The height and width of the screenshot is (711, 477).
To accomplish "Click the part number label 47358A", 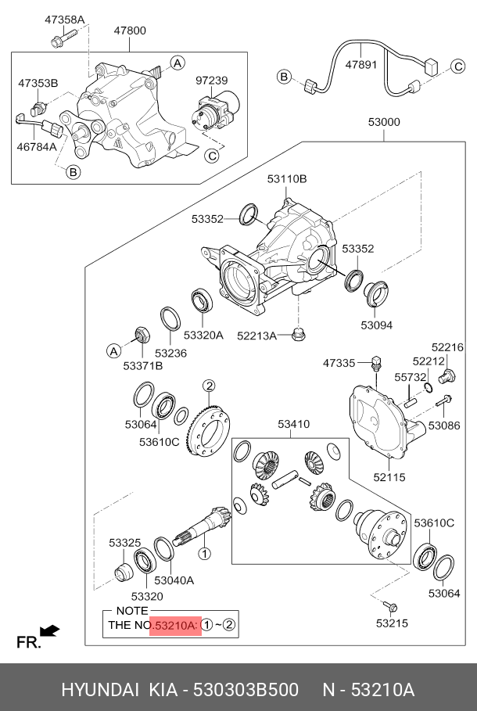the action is pyautogui.click(x=64, y=20).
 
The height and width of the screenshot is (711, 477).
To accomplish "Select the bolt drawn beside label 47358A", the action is pyautogui.click(x=63, y=38).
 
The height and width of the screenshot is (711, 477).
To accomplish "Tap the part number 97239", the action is pyautogui.click(x=212, y=81).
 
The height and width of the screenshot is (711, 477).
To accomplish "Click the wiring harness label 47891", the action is pyautogui.click(x=361, y=65).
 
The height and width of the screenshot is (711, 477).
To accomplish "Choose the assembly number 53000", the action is pyautogui.click(x=384, y=122).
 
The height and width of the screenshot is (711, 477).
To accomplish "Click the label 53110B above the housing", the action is pyautogui.click(x=286, y=179).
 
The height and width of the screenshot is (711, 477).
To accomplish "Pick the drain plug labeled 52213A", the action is pyautogui.click(x=299, y=334).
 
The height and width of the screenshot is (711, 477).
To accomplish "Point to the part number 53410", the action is pyautogui.click(x=294, y=424).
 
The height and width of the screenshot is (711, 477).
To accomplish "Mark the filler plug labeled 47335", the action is pyautogui.click(x=376, y=363).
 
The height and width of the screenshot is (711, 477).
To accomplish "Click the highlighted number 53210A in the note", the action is pyautogui.click(x=175, y=625).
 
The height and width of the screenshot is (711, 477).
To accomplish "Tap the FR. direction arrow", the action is pyautogui.click(x=49, y=630).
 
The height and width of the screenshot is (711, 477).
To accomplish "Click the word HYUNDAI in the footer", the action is pyautogui.click(x=100, y=690).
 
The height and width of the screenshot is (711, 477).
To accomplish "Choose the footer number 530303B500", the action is pyautogui.click(x=246, y=690).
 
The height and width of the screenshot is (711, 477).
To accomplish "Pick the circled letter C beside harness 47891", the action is pyautogui.click(x=458, y=66).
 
